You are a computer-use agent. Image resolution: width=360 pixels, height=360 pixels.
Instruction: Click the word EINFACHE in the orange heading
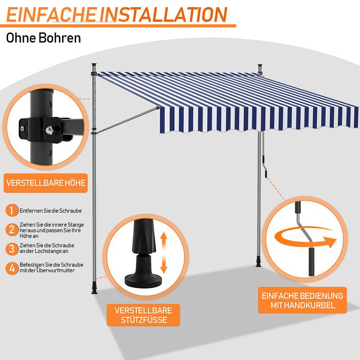point(51,14)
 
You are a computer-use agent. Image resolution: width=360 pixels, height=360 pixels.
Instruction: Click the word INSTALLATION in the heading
point(163,14)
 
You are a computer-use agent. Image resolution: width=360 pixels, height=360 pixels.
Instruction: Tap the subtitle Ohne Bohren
point(43,38)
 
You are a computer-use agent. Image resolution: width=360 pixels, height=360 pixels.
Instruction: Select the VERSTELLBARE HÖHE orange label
point(46,183)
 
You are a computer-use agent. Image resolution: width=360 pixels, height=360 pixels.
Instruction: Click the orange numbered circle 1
point(12,210)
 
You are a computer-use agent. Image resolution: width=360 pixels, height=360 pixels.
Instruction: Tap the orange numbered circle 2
point(12,229)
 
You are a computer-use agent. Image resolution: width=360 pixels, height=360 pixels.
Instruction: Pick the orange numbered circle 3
point(12,249)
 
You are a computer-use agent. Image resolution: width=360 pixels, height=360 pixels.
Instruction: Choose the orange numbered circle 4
point(12,268)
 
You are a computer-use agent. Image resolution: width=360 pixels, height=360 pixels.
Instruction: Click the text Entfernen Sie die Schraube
point(50,211)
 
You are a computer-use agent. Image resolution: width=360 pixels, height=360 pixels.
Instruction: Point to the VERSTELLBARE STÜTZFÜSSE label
point(143,315)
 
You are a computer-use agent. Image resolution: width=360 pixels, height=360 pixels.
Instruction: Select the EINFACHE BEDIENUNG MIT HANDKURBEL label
point(302,300)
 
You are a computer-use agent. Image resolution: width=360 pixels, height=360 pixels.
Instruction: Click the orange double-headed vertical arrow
point(163,253)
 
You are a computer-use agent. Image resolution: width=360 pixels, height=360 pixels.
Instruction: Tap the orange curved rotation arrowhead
point(331,242)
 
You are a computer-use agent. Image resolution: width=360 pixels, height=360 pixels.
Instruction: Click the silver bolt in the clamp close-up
point(49,130)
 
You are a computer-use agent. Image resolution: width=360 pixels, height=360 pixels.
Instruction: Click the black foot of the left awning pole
point(94,288)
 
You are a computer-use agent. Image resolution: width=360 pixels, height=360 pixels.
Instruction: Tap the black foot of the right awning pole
point(258,262)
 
